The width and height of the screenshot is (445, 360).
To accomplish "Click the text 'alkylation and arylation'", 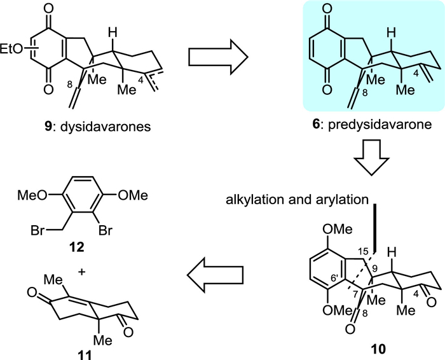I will tap(297, 198).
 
